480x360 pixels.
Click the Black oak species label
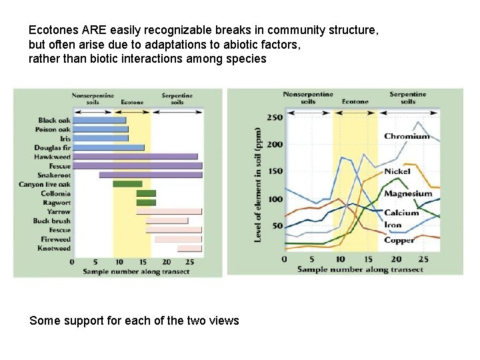[x=55, y=121]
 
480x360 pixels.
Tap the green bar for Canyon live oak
[x=127, y=184]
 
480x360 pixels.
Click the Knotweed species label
[x=54, y=248]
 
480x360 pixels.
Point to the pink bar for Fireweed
[x=177, y=239]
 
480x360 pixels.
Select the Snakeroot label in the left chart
[x=54, y=175]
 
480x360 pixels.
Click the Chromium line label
[x=406, y=137]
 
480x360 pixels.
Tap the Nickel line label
[x=397, y=171]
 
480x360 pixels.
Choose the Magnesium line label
[x=407, y=194]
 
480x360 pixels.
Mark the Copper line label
[x=399, y=240]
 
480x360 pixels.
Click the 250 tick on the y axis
[x=275, y=117]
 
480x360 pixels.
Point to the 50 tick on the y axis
[x=277, y=227]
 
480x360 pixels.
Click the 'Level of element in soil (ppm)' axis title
[x=258, y=185]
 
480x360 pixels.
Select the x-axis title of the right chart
[x=359, y=269]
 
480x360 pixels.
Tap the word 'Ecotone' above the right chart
[x=355, y=102]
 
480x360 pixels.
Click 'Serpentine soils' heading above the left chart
[x=177, y=99]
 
